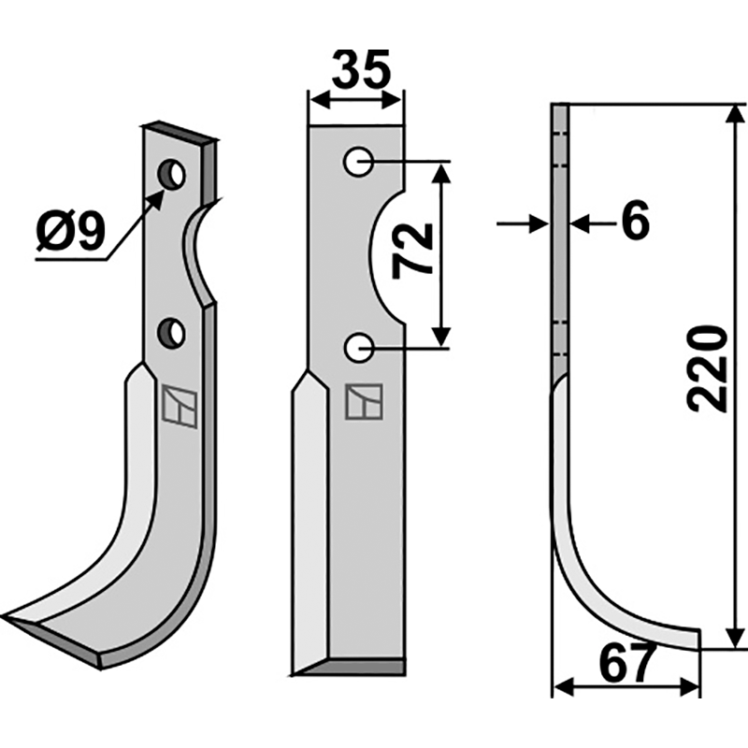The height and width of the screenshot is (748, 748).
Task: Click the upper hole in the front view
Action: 357,163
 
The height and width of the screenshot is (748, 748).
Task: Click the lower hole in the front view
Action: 357,348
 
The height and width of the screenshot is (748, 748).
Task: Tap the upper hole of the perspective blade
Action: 171,173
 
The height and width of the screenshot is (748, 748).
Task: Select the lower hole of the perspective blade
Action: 171,332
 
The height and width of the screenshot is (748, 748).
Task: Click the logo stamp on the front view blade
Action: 362,401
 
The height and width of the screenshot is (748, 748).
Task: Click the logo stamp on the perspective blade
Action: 180,406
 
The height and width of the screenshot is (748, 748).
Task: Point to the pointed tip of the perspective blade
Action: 11,619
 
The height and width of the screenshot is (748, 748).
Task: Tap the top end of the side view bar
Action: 559,108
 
